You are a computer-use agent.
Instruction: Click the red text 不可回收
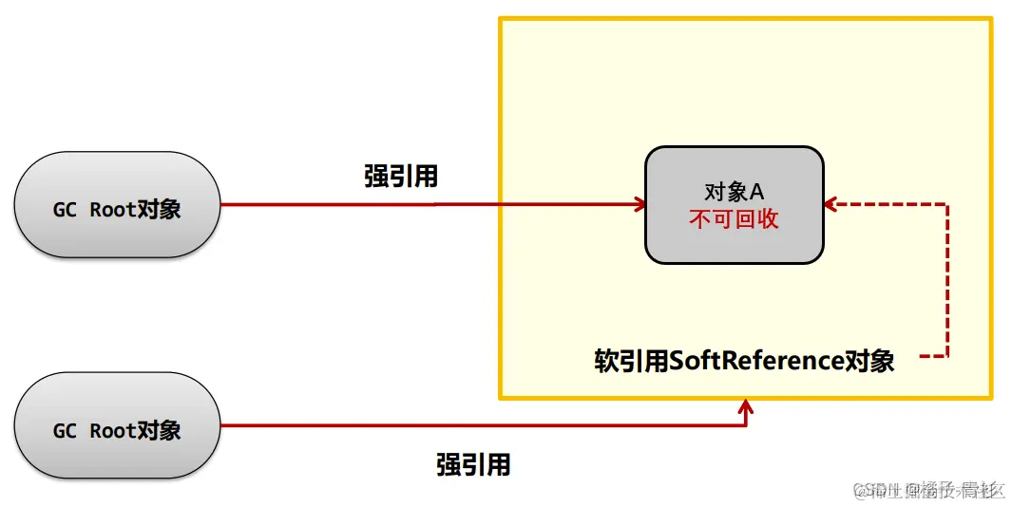click(734, 218)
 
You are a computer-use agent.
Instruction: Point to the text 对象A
click(734, 191)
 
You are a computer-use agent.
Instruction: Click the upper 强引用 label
click(400, 176)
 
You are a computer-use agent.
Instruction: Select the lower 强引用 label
click(473, 464)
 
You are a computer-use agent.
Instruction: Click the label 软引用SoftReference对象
click(744, 361)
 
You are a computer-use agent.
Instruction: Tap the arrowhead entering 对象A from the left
click(640, 204)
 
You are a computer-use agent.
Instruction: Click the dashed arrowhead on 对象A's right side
click(831, 204)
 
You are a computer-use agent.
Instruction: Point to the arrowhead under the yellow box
click(746, 407)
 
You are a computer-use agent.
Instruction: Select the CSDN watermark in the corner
click(928, 490)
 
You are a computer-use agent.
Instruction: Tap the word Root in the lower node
click(112, 430)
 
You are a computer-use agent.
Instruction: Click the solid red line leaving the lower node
click(475, 424)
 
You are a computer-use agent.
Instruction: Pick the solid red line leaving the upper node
click(418, 204)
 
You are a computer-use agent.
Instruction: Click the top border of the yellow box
click(745, 18)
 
